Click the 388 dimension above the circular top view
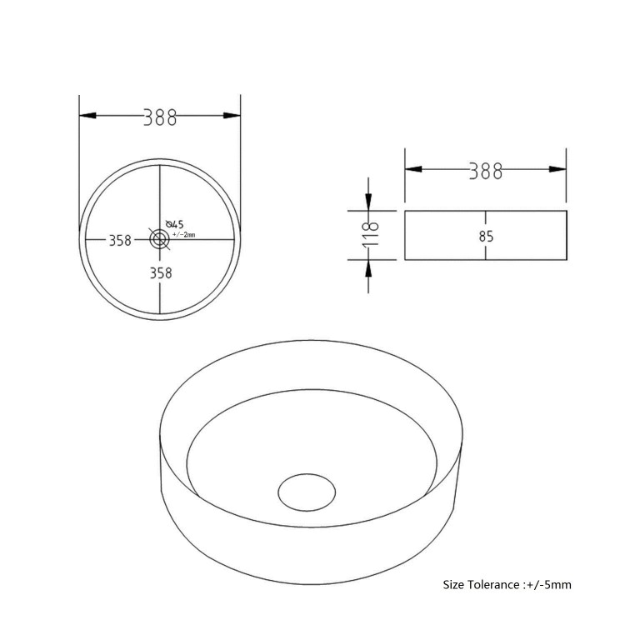click(160, 117)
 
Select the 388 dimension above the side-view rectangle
click(486, 171)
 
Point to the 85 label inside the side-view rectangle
click(487, 237)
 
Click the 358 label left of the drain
click(120, 240)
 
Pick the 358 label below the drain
click(160, 272)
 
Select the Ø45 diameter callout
click(174, 224)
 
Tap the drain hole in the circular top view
click(159, 239)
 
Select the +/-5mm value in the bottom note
click(551, 585)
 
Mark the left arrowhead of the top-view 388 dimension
click(87, 117)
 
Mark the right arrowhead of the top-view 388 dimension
click(232, 117)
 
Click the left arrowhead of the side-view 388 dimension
click(412, 169)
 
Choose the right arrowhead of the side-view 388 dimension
click(558, 169)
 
